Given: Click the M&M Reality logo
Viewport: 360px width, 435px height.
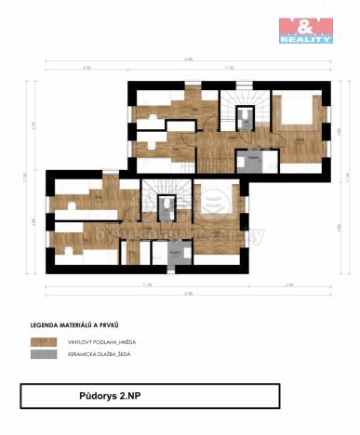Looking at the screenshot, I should point(306,31).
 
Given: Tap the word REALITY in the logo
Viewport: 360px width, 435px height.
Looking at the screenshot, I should point(306,40).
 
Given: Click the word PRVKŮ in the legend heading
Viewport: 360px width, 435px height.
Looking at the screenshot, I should point(107,325).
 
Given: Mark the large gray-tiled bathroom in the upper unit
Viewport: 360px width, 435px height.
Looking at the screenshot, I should point(251,162).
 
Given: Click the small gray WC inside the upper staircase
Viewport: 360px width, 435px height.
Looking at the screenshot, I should point(247,118).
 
